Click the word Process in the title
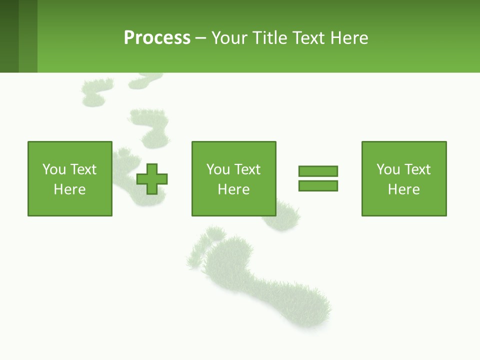157,38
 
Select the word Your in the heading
229,38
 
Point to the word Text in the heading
311,38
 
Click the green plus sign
152,179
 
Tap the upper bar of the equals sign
318,171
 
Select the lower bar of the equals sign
318,186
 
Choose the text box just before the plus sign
70,179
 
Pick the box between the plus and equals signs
233,179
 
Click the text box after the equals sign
403,179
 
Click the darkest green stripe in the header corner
9,36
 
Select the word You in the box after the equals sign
388,169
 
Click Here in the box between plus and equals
233,189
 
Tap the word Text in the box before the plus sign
82,169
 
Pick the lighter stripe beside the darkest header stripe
28,36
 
